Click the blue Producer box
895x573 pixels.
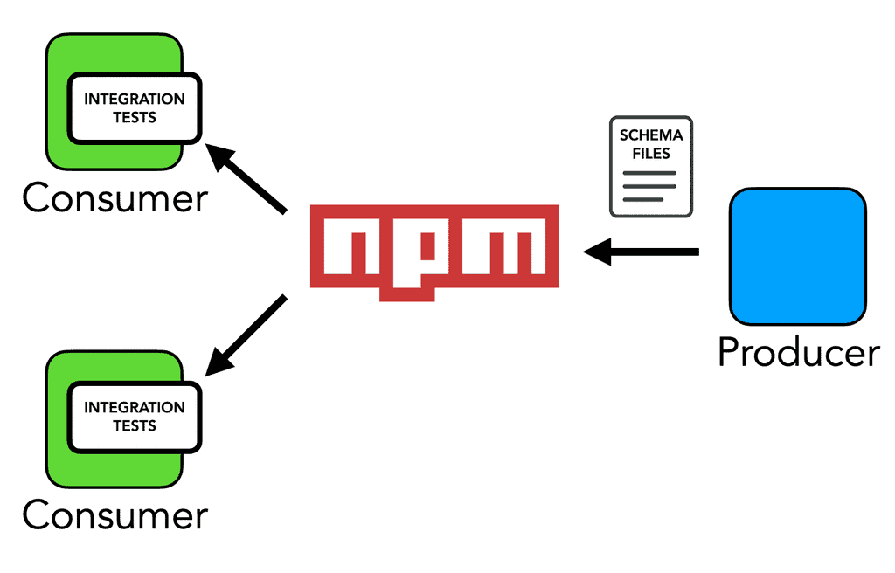point(797,256)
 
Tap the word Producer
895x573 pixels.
point(798,352)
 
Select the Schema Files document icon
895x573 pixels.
point(650,167)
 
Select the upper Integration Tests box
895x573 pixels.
point(135,108)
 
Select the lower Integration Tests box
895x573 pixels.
point(135,417)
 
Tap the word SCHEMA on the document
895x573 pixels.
point(650,136)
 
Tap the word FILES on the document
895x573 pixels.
point(650,154)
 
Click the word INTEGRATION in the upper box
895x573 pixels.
point(135,99)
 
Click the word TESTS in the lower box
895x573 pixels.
point(135,426)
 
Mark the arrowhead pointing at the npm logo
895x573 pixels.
point(596,252)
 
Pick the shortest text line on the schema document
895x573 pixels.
point(642,199)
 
